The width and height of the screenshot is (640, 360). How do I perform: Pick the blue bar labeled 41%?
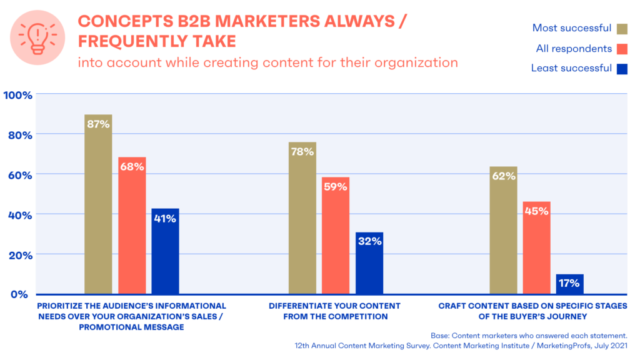coord(165,251)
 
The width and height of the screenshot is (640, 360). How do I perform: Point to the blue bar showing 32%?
coord(369,262)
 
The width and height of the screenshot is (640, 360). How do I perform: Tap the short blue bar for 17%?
coord(569,284)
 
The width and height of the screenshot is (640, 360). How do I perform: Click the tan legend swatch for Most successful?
coord(622,27)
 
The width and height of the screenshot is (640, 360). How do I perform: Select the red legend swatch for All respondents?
coord(622,48)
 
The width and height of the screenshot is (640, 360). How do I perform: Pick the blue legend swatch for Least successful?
coord(622,68)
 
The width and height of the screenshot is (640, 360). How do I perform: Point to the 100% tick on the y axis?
coord(18,94)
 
